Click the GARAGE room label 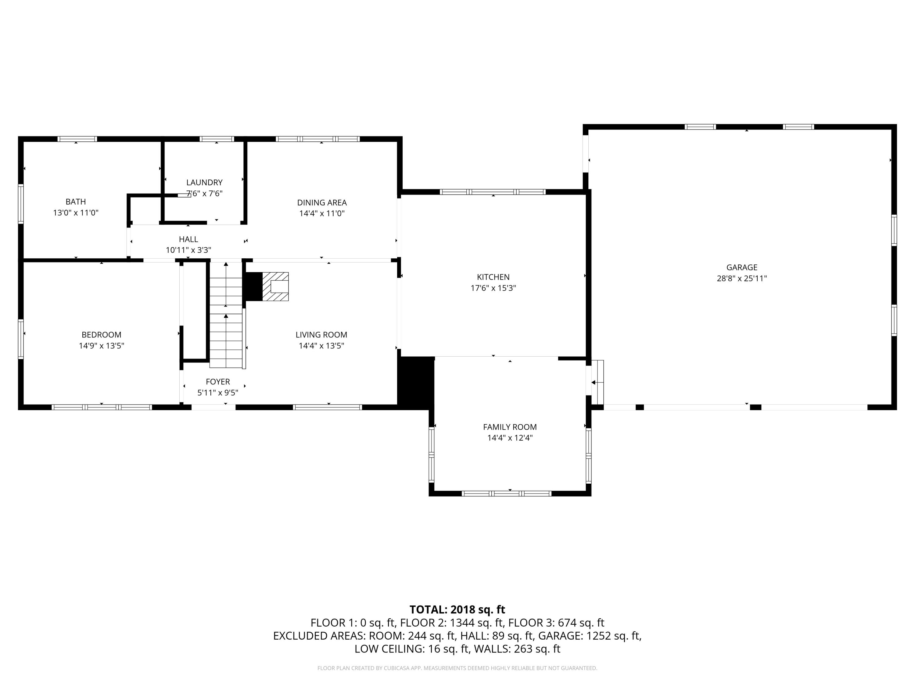tap(742, 267)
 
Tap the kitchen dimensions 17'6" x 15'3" tap(493, 288)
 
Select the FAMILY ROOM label tap(510, 427)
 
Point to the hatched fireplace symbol tap(275, 287)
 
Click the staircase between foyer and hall tap(226, 315)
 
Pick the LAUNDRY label tap(204, 183)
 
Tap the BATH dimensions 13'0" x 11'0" tap(76, 213)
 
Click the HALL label tap(188, 239)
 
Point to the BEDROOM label tap(101, 335)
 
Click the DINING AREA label tap(322, 202)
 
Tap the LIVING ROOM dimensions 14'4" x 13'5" tap(321, 346)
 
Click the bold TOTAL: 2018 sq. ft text tap(457, 609)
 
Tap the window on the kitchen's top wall tap(492, 192)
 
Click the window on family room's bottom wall tap(506, 494)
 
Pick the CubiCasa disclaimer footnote tap(457, 668)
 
